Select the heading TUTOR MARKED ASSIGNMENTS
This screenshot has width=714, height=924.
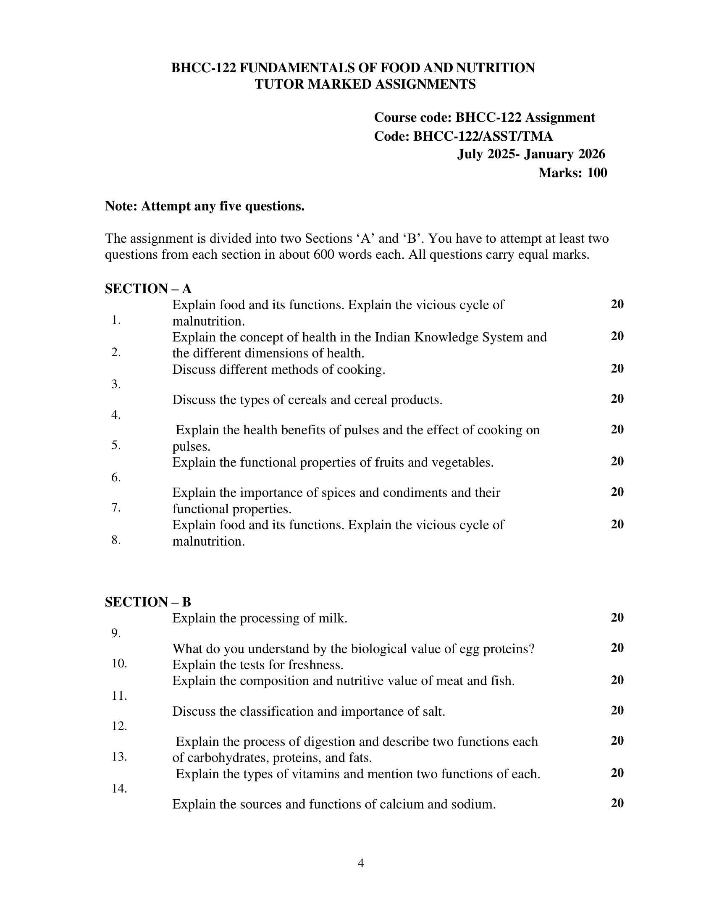click(365, 84)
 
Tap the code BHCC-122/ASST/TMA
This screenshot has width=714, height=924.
click(483, 136)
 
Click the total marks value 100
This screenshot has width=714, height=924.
click(597, 173)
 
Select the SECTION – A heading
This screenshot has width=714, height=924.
click(148, 289)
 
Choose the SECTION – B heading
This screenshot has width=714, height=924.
click(148, 601)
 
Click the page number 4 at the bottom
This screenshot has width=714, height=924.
click(360, 863)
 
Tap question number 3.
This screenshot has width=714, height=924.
click(116, 384)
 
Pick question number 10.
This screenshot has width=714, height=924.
click(119, 663)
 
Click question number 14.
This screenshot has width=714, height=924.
click(119, 789)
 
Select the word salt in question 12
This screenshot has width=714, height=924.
click(431, 711)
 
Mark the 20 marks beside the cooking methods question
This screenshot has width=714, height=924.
click(617, 368)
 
